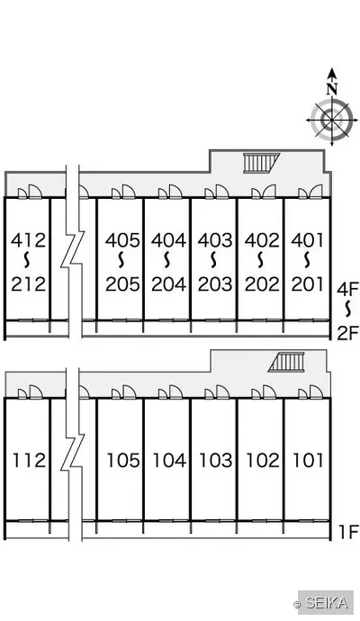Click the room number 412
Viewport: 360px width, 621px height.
29,240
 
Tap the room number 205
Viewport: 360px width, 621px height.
122,284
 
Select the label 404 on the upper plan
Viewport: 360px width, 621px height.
168,240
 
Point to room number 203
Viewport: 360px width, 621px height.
215,284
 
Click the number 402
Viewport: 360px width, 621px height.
262,240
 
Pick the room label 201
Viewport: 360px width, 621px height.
308,284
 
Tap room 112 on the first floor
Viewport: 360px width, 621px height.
30,460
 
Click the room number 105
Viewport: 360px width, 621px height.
123,460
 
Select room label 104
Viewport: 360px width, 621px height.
169,460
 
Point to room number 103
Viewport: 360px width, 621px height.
216,460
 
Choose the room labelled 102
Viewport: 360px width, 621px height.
263,460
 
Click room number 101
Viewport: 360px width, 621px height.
308,460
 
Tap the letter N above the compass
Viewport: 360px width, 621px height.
332,89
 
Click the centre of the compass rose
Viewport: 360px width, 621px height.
331,120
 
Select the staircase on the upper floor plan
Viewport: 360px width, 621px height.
261,163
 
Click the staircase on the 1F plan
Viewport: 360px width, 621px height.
287,362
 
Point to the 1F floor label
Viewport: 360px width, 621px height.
348,532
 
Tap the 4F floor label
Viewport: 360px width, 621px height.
347,289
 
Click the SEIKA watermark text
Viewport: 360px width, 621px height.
327,603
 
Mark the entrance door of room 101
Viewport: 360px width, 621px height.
310,392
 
